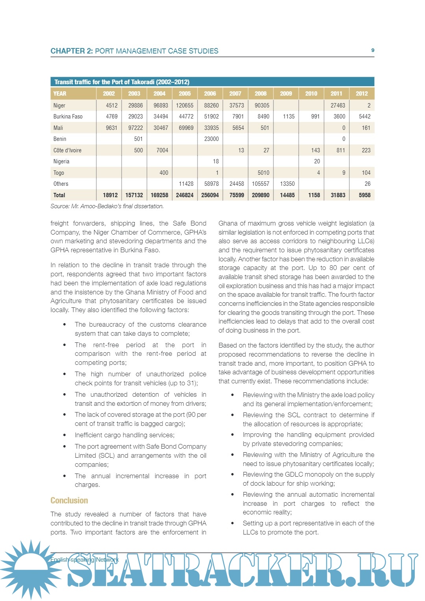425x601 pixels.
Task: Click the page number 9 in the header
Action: click(x=373, y=50)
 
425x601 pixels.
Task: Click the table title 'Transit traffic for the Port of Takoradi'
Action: click(x=122, y=82)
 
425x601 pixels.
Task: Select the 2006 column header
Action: click(x=210, y=94)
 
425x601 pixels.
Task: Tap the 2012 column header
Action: click(x=362, y=94)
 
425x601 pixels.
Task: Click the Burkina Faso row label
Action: click(x=68, y=117)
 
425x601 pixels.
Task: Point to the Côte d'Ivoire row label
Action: click(x=67, y=150)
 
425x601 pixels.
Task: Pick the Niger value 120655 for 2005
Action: click(x=185, y=105)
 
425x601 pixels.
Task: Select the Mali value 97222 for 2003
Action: click(x=135, y=128)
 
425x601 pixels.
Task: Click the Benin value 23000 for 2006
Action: click(x=211, y=139)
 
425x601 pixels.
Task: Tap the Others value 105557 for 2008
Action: click(x=261, y=184)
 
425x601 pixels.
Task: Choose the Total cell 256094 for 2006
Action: click(x=210, y=195)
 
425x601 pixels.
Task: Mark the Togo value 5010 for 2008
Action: click(x=263, y=173)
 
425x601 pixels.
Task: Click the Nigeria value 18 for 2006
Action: click(x=216, y=161)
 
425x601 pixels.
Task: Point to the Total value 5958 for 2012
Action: click(x=364, y=195)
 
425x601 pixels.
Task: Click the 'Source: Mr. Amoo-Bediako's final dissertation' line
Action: click(x=107, y=206)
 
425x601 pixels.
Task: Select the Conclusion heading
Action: click(x=69, y=501)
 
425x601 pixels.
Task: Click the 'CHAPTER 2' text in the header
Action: click(x=71, y=51)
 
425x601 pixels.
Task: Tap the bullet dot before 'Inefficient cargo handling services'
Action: click(x=65, y=435)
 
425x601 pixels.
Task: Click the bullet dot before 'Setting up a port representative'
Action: click(x=233, y=523)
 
